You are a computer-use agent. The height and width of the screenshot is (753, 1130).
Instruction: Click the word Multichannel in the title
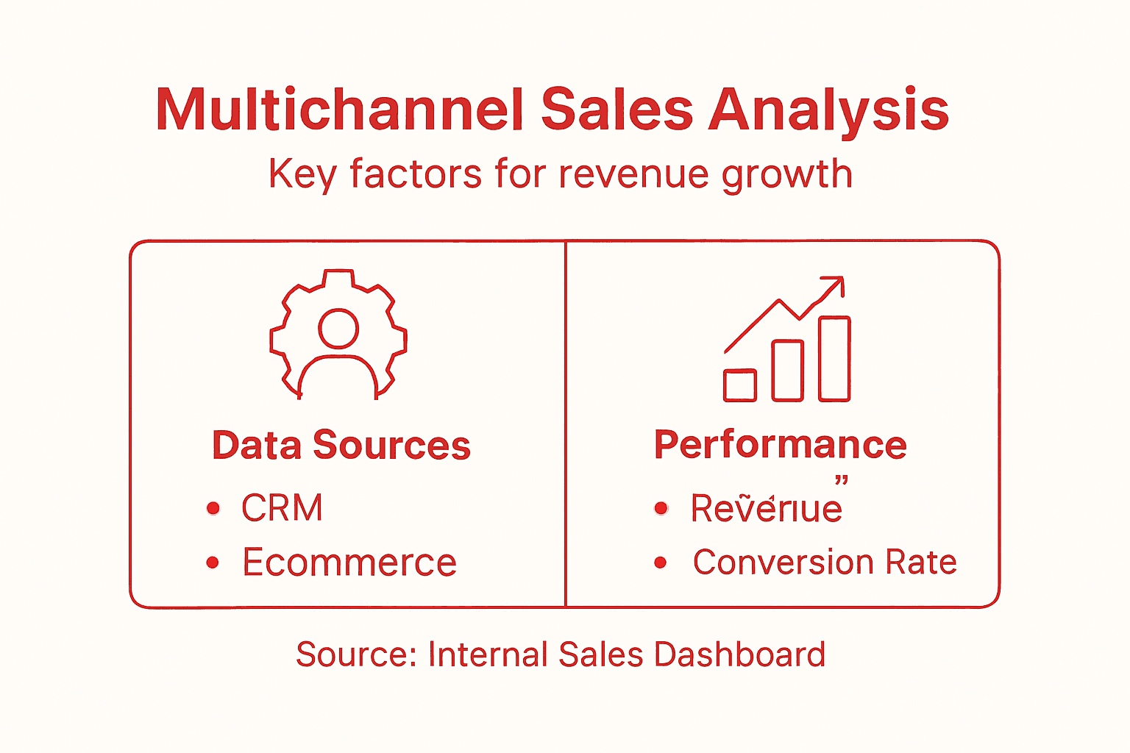point(340,110)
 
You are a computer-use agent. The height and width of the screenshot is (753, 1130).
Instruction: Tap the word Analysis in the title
point(828,110)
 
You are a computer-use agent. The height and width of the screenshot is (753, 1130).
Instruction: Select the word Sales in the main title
point(617,110)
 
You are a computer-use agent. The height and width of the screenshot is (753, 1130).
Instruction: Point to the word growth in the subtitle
point(786,175)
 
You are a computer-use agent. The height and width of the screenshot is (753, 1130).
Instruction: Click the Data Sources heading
point(341,446)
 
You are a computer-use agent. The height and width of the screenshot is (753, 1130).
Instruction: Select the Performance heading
point(781,445)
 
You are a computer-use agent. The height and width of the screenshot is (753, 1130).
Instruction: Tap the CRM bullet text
point(282,508)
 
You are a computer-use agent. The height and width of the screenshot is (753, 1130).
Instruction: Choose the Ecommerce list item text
point(349,563)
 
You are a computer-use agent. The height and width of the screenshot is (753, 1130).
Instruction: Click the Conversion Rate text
point(825,563)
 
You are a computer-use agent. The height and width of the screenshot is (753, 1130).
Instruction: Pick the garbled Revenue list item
point(766,509)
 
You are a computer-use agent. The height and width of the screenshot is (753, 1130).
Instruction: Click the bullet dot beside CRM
point(213,508)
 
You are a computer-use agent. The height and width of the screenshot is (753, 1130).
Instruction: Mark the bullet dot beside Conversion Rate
point(661,563)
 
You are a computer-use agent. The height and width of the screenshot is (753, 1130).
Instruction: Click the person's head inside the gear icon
point(338,329)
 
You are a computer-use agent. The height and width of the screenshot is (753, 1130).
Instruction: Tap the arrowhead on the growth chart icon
point(835,285)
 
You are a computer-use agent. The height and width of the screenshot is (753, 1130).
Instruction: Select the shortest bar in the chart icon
point(739,385)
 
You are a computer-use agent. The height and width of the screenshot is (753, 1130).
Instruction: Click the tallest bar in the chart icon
point(834,359)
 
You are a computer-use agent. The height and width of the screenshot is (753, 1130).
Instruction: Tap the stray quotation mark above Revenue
point(842,481)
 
